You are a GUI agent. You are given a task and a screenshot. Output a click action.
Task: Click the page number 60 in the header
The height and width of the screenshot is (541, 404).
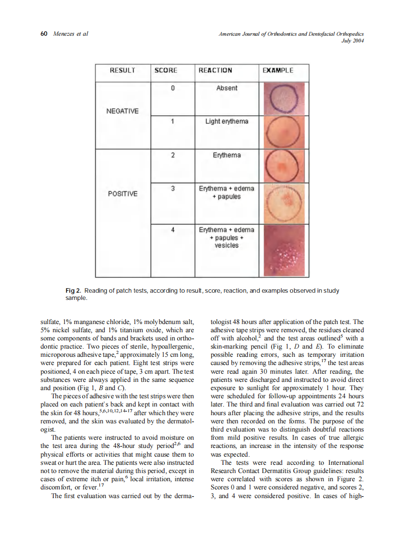43,34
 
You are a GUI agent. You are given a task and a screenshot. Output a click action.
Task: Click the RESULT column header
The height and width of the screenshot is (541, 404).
122,70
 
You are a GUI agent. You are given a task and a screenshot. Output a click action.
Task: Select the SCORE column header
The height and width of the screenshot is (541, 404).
166,70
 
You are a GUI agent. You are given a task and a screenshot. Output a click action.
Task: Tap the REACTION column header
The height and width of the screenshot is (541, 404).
215,70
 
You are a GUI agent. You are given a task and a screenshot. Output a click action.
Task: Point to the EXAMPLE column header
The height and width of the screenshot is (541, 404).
278,70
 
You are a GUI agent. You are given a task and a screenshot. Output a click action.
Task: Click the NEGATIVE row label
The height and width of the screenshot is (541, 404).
122,111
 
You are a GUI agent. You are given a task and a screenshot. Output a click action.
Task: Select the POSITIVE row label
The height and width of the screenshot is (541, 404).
122,194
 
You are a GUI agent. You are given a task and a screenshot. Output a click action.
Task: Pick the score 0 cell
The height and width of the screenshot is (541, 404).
172,88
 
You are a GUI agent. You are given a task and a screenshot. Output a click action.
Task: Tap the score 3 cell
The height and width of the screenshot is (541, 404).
172,189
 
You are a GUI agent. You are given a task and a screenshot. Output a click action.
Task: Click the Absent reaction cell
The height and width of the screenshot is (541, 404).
227,88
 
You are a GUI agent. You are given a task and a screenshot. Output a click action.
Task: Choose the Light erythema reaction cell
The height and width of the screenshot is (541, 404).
227,122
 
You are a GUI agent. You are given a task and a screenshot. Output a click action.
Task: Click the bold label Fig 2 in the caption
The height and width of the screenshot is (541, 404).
73,291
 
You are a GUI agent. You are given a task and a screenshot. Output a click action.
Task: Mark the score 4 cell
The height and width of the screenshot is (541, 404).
172,230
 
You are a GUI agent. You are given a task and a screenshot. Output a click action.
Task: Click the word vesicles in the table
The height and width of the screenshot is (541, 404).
227,245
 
